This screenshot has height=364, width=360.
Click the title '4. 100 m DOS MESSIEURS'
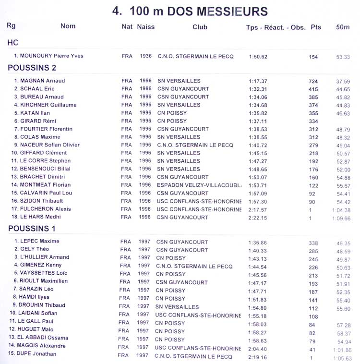pos(190,12)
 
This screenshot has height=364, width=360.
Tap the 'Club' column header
pos(200,27)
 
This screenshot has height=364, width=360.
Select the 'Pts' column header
pos(316,27)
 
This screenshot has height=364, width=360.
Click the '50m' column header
pos(343,27)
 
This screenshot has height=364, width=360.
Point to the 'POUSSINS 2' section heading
pos(32,68)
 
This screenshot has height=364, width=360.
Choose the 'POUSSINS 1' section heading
pos(32,229)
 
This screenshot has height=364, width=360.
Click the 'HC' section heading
pos(13,43)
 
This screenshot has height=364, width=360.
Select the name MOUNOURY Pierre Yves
pos(52,56)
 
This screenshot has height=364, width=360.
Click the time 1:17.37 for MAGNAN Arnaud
pos(258,81)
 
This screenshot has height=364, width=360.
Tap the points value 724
pos(313,82)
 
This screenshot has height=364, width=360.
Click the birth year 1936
pos(146,56)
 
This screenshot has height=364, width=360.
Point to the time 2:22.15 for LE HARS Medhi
pos(258,218)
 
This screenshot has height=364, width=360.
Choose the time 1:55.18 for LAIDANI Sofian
pos(258,315)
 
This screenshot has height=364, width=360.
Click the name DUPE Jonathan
pos(38,354)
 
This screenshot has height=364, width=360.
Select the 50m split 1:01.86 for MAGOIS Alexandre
pos(341,350)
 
